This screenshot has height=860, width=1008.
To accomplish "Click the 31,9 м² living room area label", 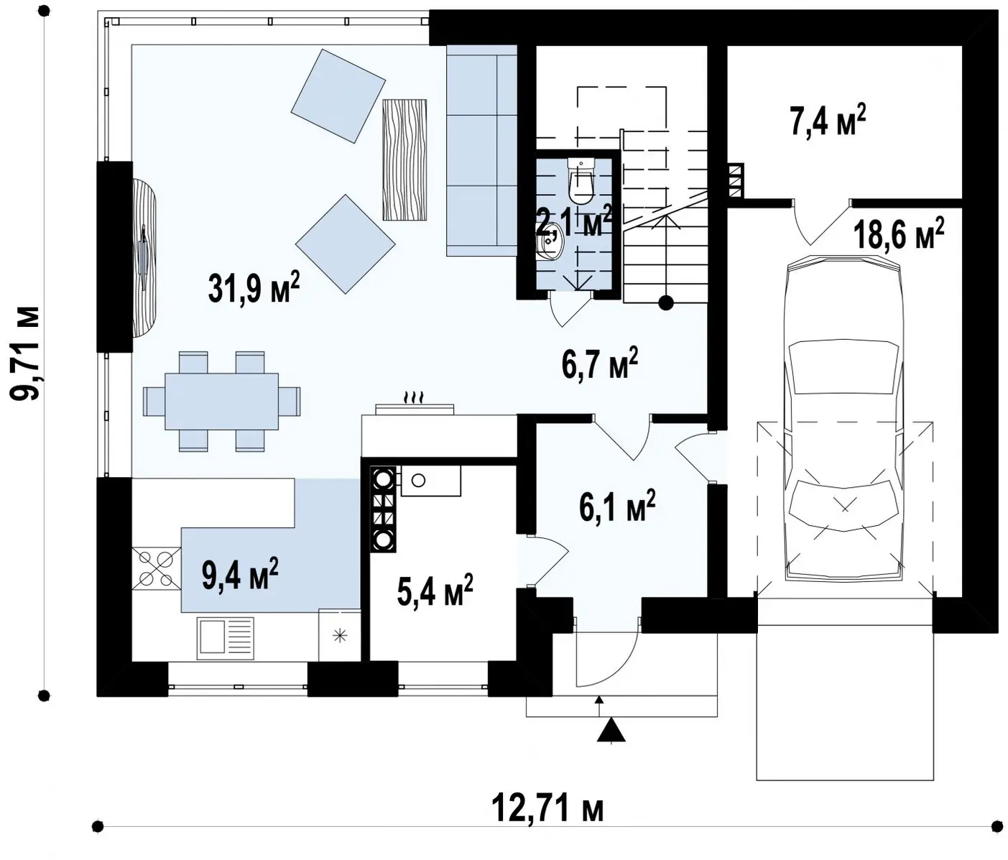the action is click(254, 288).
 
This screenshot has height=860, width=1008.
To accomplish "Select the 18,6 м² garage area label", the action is click(898, 234).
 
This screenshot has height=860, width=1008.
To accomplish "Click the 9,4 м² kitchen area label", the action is click(240, 573).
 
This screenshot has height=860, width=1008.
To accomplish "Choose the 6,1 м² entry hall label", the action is click(617, 505).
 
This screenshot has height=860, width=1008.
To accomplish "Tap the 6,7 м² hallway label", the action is click(600, 364).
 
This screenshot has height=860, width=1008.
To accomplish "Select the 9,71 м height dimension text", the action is click(24, 353).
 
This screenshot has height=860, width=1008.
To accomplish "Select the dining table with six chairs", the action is click(221, 401).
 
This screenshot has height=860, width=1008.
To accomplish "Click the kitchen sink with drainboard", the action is click(226, 637).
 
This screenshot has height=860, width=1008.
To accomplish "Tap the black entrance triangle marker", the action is click(611, 731).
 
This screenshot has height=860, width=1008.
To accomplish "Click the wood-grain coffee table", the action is click(404, 160).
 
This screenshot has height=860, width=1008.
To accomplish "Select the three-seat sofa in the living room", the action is click(481, 151).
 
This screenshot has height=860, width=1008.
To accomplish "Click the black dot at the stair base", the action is click(666, 303).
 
